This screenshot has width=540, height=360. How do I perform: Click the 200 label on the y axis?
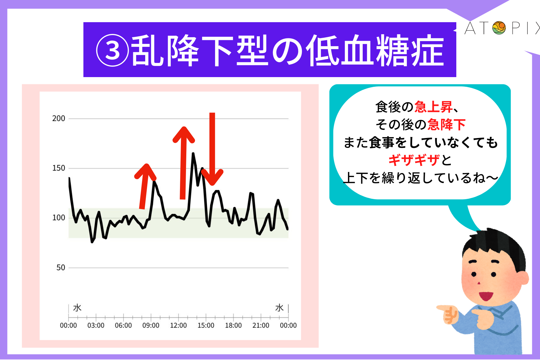pyautogui.click(x=58, y=118)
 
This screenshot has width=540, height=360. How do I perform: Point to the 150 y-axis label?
pyautogui.click(x=58, y=168)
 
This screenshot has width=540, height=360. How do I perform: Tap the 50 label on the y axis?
pyautogui.click(x=61, y=268)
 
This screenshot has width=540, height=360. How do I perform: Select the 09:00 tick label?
pyautogui.click(x=151, y=325)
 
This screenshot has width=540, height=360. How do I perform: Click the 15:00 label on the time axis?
pyautogui.click(x=206, y=325)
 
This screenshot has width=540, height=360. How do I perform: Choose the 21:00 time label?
pyautogui.click(x=261, y=325)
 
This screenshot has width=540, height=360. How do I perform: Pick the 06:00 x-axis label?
pyautogui.click(x=123, y=325)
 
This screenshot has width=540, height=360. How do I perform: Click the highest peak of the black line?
pyautogui.click(x=193, y=154)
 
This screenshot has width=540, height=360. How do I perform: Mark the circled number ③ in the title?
pyautogui.click(x=112, y=51)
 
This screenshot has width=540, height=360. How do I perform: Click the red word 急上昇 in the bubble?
pyautogui.click(x=433, y=107)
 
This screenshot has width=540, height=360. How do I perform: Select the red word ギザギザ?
pyautogui.click(x=414, y=160)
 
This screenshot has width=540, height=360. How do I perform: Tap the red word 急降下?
pyautogui.click(x=446, y=124)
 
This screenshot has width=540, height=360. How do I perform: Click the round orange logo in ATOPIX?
pyautogui.click(x=499, y=28)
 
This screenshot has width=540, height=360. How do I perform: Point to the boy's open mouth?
pyautogui.click(x=486, y=296)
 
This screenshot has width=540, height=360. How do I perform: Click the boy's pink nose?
pyautogui.click(x=479, y=283)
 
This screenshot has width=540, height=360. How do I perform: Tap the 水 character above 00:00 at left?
pyautogui.click(x=77, y=308)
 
